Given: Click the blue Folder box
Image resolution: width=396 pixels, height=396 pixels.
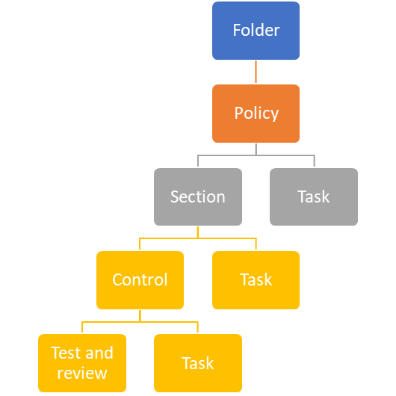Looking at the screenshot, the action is (x=256, y=31).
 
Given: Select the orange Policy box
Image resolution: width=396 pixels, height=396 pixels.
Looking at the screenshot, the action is (x=256, y=114).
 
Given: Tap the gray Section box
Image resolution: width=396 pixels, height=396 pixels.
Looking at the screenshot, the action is (x=198, y=197).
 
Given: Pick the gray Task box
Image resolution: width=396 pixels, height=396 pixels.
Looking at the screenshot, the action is (x=314, y=197).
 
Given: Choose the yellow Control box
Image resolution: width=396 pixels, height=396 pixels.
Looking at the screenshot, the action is (x=140, y=280).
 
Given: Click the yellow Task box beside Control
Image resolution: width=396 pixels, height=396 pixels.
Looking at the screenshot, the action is (x=256, y=280).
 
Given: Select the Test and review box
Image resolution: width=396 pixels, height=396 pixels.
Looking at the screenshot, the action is (x=82, y=363).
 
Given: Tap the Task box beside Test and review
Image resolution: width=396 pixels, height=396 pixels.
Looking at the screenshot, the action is (x=198, y=363).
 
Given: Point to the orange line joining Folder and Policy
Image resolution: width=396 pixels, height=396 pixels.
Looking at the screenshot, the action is (x=256, y=72).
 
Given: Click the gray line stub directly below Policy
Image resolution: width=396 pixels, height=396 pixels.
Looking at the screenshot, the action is (x=256, y=149).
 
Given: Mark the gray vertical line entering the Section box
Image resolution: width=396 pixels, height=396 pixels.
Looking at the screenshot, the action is (x=198, y=161).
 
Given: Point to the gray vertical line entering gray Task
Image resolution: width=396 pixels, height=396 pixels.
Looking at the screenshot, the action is (x=314, y=161).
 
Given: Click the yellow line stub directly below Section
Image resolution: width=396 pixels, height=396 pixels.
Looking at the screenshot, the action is (x=198, y=232).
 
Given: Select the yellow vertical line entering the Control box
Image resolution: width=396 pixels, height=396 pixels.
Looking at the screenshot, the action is (x=140, y=244).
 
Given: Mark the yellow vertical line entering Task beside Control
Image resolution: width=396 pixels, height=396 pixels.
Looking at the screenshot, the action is (x=256, y=244).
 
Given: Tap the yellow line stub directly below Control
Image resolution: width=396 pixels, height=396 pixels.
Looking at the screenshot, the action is (x=140, y=316).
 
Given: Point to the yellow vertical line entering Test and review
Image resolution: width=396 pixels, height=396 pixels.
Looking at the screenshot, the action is (x=82, y=327).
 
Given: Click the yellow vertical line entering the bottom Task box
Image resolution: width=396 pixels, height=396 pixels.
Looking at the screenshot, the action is (x=198, y=327).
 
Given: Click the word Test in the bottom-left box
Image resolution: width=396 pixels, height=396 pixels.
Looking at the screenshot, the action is (x=66, y=353).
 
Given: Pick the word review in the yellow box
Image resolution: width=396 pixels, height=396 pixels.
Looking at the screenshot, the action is (x=82, y=373).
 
